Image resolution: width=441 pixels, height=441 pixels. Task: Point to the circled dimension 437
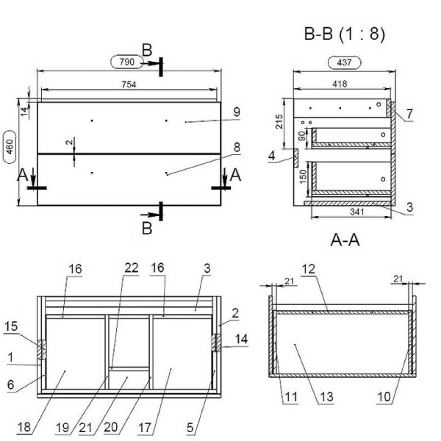click(343, 63)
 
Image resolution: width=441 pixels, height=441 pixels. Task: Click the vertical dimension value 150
click(302, 177)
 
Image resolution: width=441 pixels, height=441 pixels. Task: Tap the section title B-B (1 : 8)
click(343, 35)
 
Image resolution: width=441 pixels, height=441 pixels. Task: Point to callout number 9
click(237, 111)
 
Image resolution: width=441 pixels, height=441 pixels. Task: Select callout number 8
click(237, 147)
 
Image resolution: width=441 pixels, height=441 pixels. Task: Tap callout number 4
click(273, 156)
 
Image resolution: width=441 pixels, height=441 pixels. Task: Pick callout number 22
click(131, 269)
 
